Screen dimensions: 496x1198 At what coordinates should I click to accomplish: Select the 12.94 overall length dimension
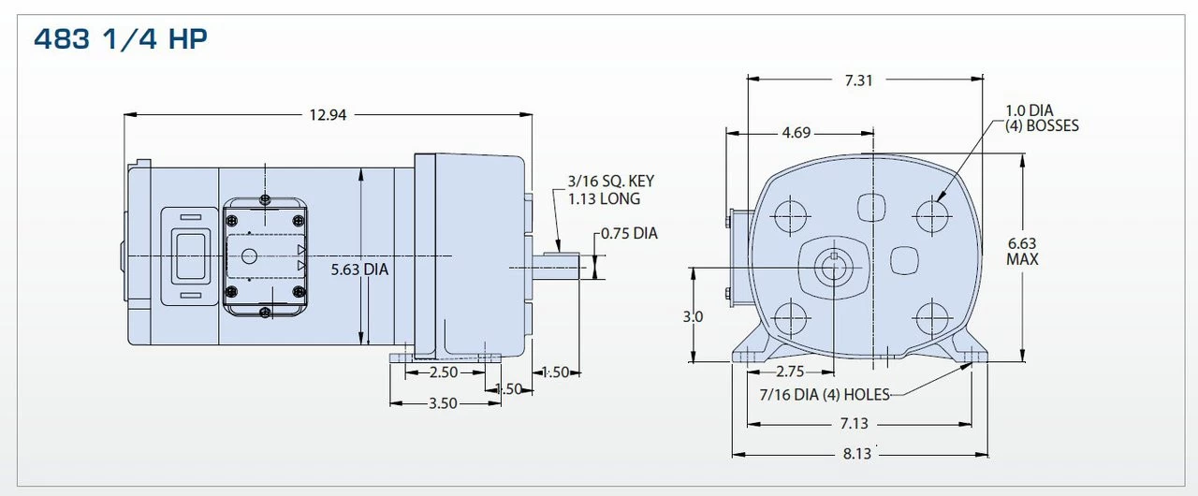click(x=326, y=115)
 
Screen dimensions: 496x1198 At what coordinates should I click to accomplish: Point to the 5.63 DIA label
click(x=360, y=270)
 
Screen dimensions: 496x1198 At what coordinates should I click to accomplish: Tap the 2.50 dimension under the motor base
click(x=443, y=372)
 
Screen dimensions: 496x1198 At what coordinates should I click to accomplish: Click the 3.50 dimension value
click(x=443, y=403)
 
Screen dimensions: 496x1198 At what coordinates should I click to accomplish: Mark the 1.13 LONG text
click(x=604, y=198)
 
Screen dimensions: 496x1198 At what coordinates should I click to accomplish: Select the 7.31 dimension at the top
click(x=858, y=80)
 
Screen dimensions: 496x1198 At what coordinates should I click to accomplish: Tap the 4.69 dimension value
click(x=796, y=133)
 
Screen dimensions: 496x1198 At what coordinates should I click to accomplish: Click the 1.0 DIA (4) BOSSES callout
click(x=1042, y=118)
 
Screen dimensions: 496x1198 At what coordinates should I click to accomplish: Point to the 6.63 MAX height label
click(x=1022, y=251)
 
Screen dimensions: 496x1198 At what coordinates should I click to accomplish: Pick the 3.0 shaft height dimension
click(x=693, y=317)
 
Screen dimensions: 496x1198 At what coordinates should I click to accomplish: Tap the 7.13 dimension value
click(x=858, y=424)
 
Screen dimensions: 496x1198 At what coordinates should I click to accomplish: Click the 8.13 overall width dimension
click(x=858, y=454)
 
